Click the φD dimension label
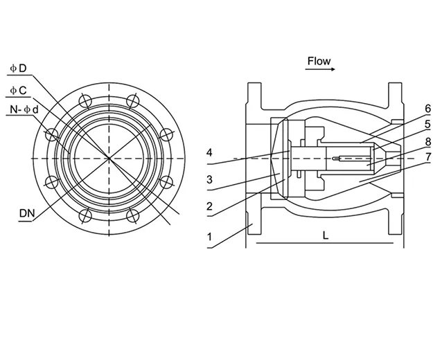tap(18, 68)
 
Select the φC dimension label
tap(18, 90)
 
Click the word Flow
tap(319, 61)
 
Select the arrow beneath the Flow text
tap(319, 70)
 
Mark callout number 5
tap(428, 123)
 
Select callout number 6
tap(428, 108)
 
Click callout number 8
tap(428, 141)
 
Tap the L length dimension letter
tap(325, 235)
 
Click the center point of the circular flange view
tap(108, 159)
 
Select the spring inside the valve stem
tap(343, 159)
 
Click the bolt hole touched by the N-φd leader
tap(51, 134)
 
